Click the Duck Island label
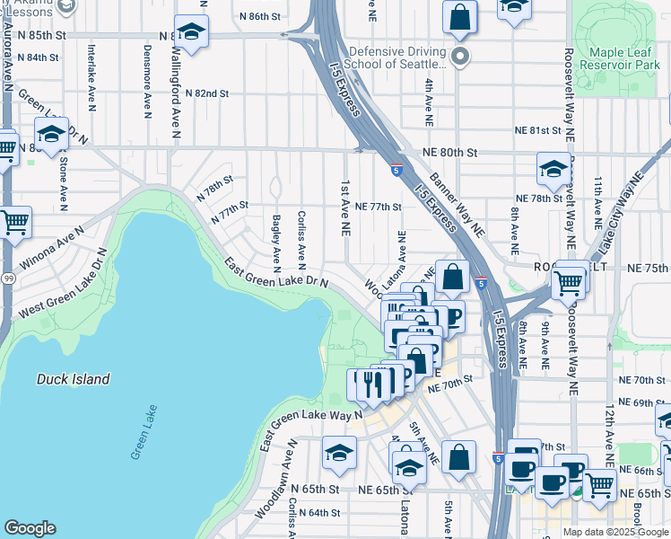click(74, 379)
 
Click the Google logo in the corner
click(30, 528)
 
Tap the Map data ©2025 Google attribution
click(615, 532)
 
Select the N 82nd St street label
click(207, 93)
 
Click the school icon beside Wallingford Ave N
click(191, 32)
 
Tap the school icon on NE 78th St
click(553, 169)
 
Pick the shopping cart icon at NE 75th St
click(569, 282)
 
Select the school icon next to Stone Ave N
click(51, 135)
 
